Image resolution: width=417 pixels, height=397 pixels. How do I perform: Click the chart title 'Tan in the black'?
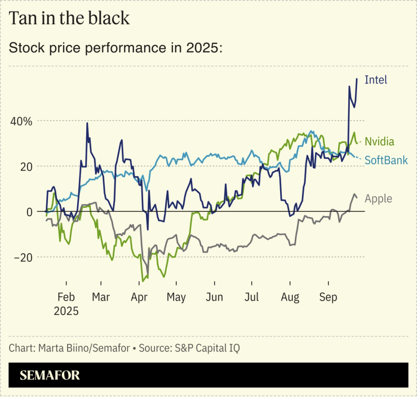69,18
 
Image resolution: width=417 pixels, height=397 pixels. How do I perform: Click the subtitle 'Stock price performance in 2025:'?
116,48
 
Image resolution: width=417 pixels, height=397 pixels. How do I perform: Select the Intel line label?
376,79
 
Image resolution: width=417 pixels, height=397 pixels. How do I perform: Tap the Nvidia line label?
379,141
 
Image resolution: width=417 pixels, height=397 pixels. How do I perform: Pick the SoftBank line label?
386,160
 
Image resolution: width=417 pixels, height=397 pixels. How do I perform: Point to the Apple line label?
378,198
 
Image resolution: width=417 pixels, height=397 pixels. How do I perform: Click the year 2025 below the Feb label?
66,310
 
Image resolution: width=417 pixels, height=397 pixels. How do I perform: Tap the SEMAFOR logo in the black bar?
50,375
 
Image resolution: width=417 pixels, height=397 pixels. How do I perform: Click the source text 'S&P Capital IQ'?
206,347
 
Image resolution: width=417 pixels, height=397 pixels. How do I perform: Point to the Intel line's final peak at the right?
357,78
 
